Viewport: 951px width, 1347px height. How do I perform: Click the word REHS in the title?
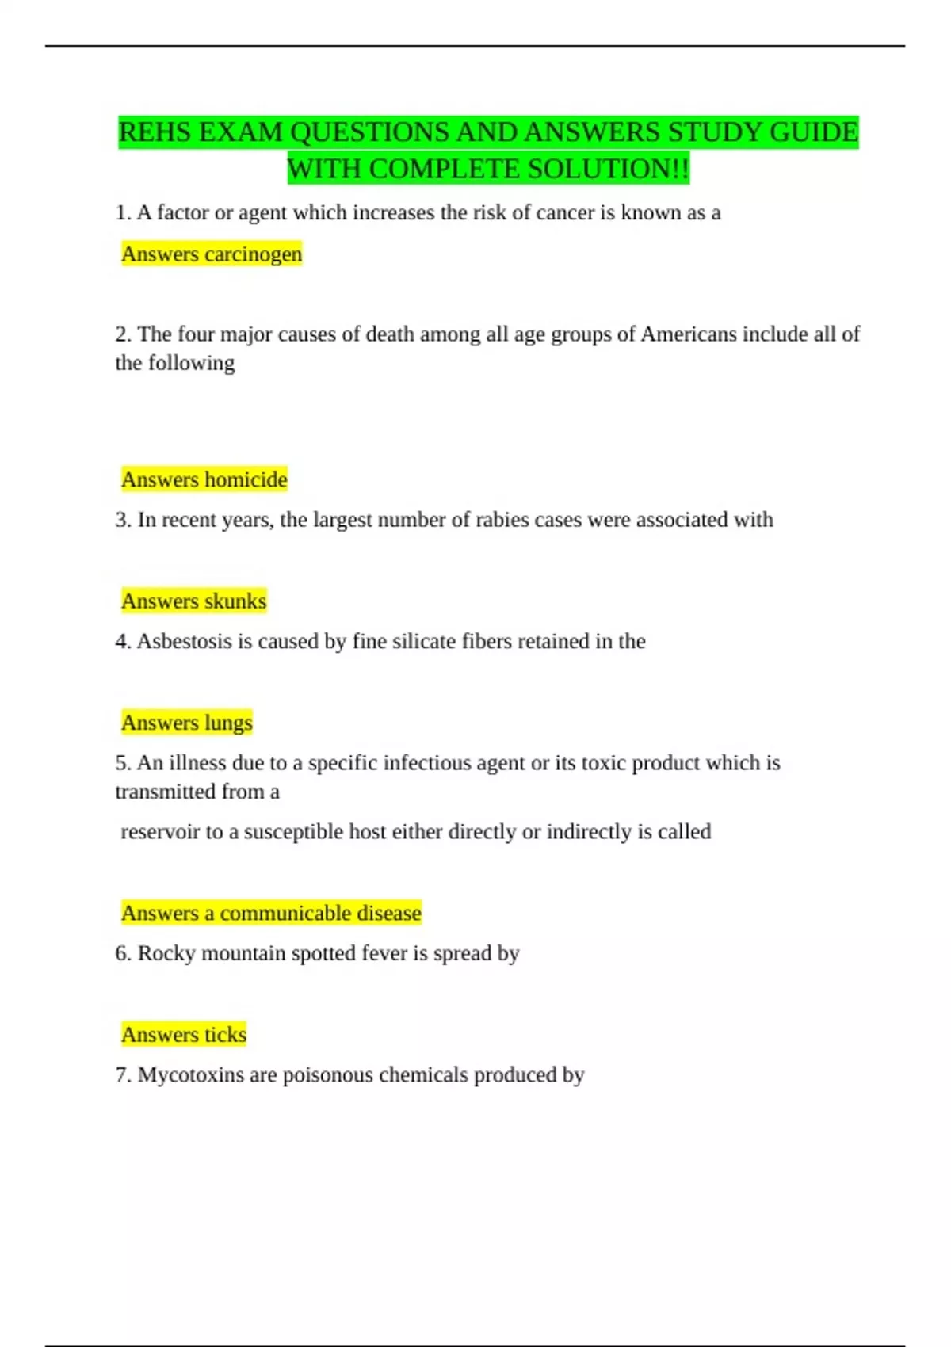pos(155,132)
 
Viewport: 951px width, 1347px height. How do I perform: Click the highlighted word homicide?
pos(246,479)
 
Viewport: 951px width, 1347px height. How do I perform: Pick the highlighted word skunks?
pos(235,601)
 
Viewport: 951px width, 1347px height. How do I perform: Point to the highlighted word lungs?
pos(228,723)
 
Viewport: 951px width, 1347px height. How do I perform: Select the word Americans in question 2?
pos(688,334)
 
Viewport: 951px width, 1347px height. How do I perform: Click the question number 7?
pos(122,1075)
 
